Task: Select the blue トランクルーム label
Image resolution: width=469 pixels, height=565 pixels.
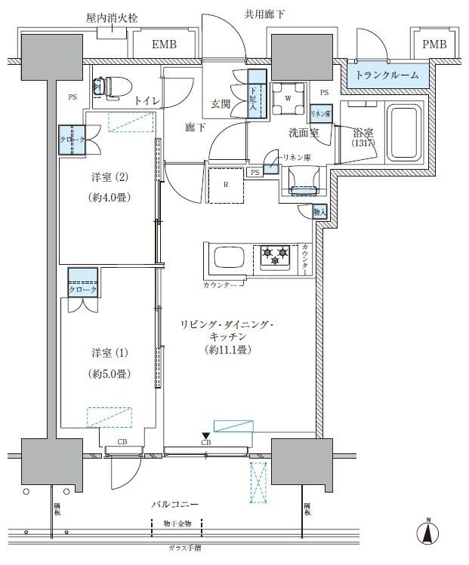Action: click(387, 75)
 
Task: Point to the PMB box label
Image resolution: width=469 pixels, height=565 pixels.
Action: click(434, 45)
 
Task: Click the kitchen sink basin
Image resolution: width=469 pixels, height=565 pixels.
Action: click(230, 259)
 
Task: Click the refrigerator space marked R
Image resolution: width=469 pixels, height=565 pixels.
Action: click(227, 184)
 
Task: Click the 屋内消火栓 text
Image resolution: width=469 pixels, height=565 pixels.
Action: click(111, 17)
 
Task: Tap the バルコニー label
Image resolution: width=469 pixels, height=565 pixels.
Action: click(175, 503)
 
